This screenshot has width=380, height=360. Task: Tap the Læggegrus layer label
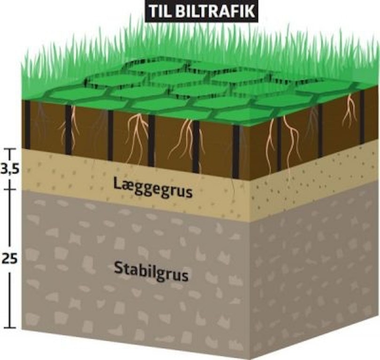point(153,189)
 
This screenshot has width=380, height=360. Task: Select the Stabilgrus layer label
point(151,272)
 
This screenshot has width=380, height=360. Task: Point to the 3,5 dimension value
point(9,169)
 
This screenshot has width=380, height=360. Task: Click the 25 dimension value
point(10,259)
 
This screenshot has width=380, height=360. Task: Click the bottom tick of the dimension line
point(10,328)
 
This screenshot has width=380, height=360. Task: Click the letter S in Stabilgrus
point(118,268)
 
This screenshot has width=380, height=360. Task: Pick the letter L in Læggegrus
point(117,184)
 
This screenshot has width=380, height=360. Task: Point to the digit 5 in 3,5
point(15,169)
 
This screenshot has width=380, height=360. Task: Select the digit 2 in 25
point(6,259)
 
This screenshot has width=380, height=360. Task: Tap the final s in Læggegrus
point(189,193)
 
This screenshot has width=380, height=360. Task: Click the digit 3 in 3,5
point(5,169)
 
